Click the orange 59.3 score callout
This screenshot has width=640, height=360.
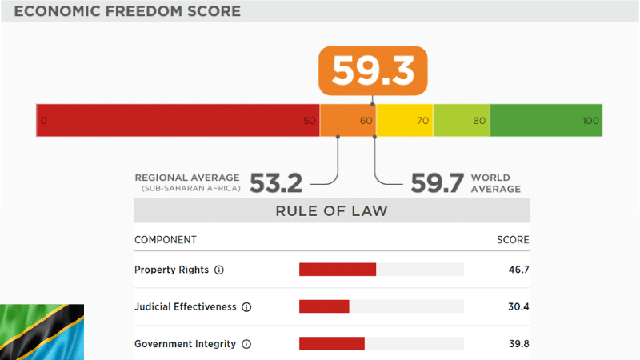pyautogui.click(x=374, y=70)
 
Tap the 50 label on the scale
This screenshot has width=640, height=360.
pyautogui.click(x=310, y=121)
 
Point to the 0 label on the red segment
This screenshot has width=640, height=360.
pyautogui.click(x=43, y=121)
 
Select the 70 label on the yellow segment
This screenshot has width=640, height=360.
pyautogui.click(x=423, y=121)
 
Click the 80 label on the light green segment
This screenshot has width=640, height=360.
pyautogui.click(x=479, y=121)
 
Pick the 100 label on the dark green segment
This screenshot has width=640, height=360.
pyautogui.click(x=590, y=121)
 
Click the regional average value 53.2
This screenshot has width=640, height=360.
pyautogui.click(x=276, y=183)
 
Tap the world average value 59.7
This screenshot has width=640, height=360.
pyautogui.click(x=438, y=183)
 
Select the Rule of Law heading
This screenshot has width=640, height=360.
pyautogui.click(x=331, y=211)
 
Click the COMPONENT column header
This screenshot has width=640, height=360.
pyautogui.click(x=166, y=240)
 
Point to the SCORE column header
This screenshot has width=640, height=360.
pyautogui.click(x=513, y=240)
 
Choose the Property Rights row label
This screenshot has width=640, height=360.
pyautogui.click(x=171, y=270)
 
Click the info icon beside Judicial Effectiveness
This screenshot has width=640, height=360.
pyautogui.click(x=246, y=307)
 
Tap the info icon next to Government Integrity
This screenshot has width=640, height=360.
pyautogui.click(x=246, y=344)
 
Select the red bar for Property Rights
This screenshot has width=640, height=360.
pyautogui.click(x=337, y=270)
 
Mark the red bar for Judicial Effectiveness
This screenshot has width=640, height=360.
pyautogui.click(x=324, y=306)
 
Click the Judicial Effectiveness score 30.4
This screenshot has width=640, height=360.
pyautogui.click(x=518, y=306)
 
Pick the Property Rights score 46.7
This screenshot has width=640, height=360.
pyautogui.click(x=518, y=270)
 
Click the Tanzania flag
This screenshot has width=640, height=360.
pyautogui.click(x=42, y=332)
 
